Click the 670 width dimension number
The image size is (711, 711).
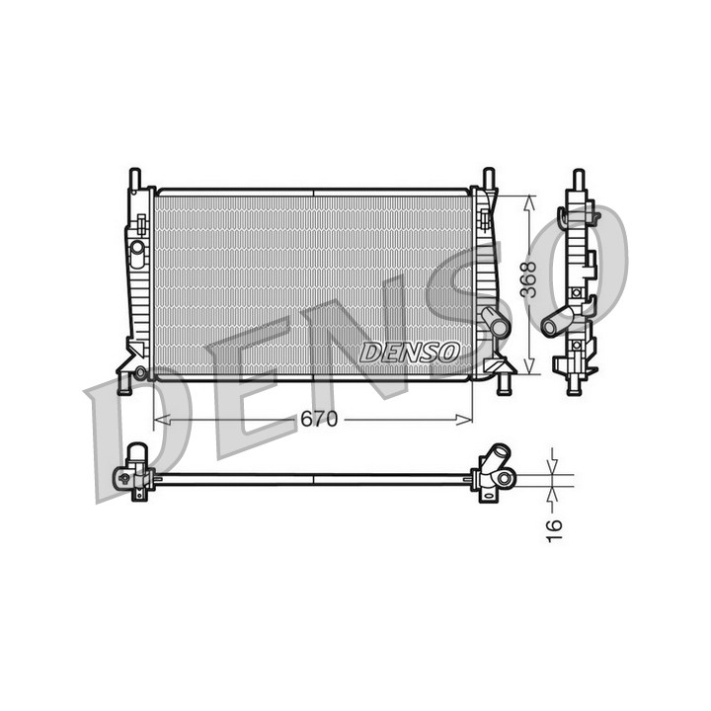click(319, 420)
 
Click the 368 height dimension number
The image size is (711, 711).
click(528, 279)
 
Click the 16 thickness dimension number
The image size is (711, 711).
click(554, 531)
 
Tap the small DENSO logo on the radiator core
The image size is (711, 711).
click(410, 353)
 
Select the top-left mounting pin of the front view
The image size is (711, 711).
click(135, 179)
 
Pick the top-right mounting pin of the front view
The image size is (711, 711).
click(489, 179)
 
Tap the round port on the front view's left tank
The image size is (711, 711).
click(137, 248)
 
